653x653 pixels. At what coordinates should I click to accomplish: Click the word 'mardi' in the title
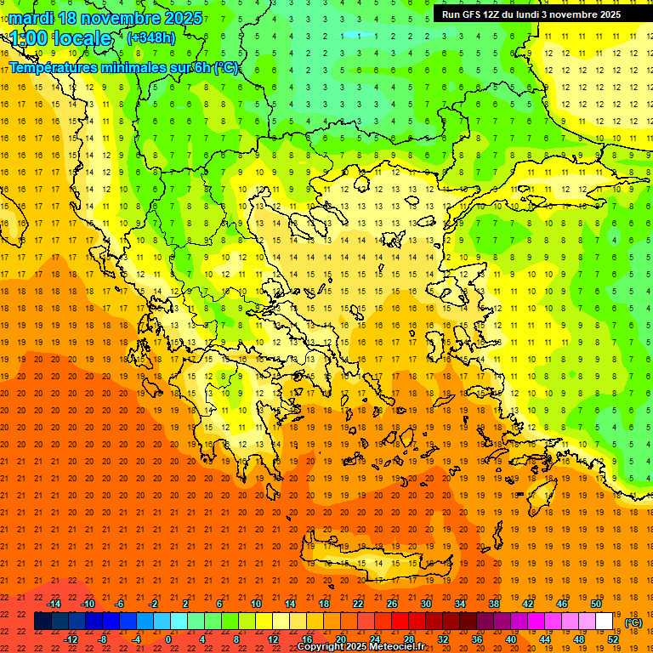coord(29,18)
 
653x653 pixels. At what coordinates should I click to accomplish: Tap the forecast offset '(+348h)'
coord(150,37)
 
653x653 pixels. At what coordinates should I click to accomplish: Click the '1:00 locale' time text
coord(60,38)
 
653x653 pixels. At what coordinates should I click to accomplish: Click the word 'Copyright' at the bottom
coord(321,647)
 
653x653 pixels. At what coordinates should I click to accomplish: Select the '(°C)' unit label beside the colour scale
coord(633,622)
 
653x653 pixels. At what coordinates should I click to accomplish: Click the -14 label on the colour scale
coord(54,604)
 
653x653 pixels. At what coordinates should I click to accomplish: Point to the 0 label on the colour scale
coord(168,639)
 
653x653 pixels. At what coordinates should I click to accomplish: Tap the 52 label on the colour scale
coord(613,639)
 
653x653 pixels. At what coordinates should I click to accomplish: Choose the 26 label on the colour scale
coord(392,604)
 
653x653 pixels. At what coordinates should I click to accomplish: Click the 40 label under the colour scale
coord(510,639)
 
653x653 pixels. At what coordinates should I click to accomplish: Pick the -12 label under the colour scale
coord(71,639)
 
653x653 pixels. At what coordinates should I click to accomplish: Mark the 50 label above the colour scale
coord(596,604)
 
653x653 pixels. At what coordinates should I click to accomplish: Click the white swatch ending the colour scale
coord(605,622)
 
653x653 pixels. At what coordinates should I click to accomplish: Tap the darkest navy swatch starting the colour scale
coord(43,622)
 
